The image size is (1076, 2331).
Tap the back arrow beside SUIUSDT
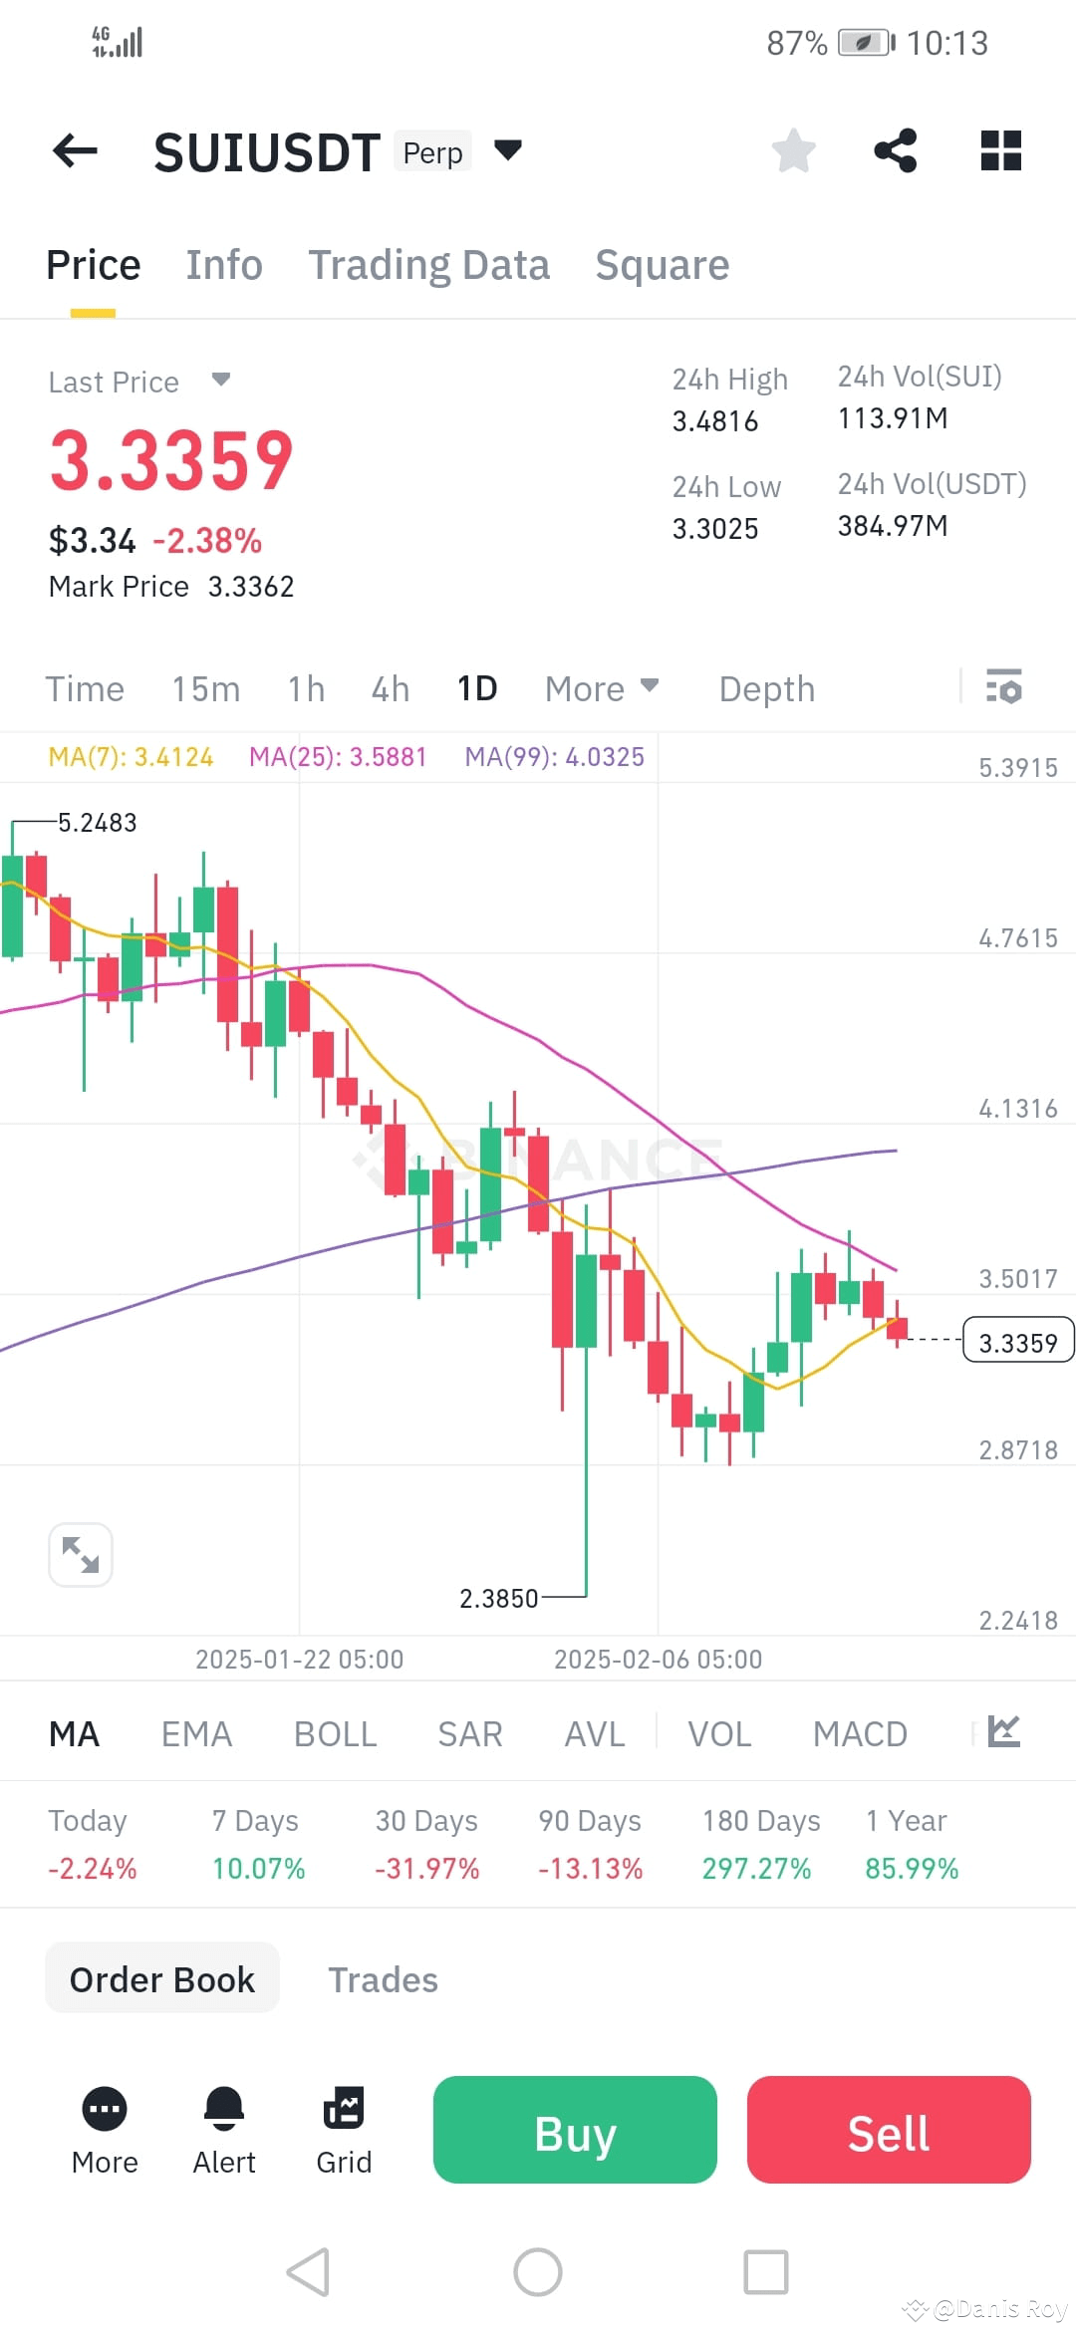click(x=75, y=151)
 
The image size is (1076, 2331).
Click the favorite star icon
click(x=794, y=151)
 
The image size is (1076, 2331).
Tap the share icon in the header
click(x=895, y=151)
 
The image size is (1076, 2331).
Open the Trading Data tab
click(x=428, y=265)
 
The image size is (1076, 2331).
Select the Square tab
click(x=662, y=265)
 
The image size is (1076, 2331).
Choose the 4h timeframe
click(x=390, y=688)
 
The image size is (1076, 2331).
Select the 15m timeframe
click(x=205, y=688)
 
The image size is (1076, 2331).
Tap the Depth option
click(x=766, y=688)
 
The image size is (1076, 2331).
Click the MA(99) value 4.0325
click(x=605, y=757)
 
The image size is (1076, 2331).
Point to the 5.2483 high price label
click(x=97, y=823)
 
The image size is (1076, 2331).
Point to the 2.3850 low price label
click(x=498, y=1599)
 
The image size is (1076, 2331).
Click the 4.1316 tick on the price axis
click(x=1017, y=1109)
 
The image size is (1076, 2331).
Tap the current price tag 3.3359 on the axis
click(x=1017, y=1343)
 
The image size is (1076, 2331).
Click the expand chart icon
click(x=81, y=1554)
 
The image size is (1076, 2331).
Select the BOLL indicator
click(x=335, y=1734)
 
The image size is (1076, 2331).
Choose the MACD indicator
click(x=860, y=1734)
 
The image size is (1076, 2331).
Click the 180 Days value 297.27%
click(x=756, y=1868)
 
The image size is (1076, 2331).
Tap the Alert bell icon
click(x=224, y=2109)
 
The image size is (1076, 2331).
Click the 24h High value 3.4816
click(x=715, y=421)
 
